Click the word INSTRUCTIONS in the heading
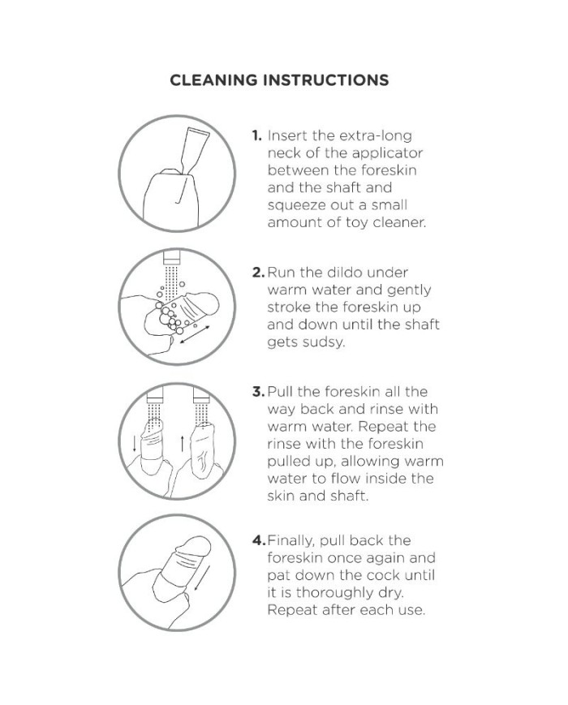(326, 80)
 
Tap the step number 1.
(256, 135)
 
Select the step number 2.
(259, 273)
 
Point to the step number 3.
(259, 392)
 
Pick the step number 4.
(259, 540)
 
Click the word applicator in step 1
(387, 154)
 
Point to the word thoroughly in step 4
(335, 592)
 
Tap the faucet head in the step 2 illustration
(171, 258)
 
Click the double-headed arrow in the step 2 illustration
(195, 334)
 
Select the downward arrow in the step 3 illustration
(135, 444)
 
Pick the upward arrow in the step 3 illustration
(182, 443)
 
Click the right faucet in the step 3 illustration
(201, 395)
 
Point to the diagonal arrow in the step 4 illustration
(202, 578)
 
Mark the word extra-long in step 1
(376, 135)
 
